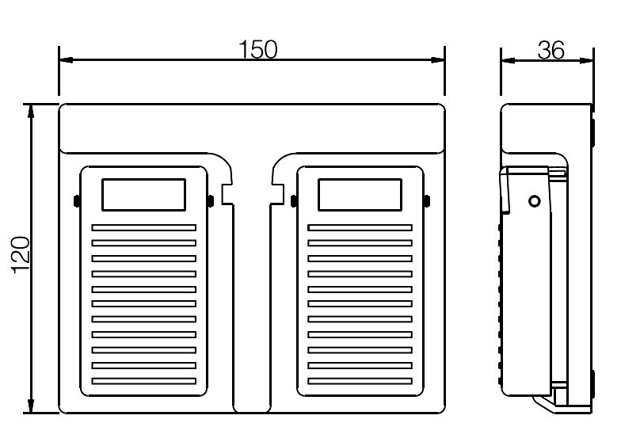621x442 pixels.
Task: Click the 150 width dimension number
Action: [x=258, y=49]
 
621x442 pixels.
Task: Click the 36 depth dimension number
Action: [x=551, y=51]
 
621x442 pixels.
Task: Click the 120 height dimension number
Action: [x=21, y=255]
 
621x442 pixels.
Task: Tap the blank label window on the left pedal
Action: [x=144, y=195]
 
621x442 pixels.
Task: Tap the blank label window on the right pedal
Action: [x=360, y=195]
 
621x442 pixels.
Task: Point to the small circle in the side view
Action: [x=535, y=201]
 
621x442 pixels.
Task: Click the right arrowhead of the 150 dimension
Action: [x=437, y=60]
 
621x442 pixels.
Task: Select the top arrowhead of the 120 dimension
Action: [x=30, y=111]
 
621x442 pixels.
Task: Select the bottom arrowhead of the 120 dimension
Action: [x=30, y=406]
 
